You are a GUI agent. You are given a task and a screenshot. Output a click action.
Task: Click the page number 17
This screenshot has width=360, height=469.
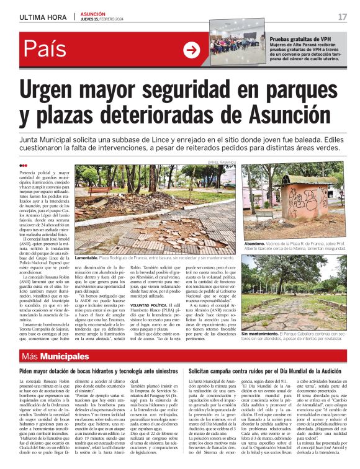pos(342,17)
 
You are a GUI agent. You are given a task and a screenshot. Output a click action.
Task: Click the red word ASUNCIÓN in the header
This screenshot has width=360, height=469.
pos(94,14)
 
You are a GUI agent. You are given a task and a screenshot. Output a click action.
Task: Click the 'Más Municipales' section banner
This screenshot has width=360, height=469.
pos(55,356)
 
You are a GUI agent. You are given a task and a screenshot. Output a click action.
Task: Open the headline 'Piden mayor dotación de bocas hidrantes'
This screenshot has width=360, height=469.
pos(92,370)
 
